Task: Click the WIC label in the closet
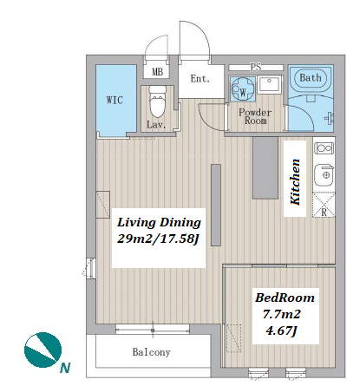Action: coord(115,100)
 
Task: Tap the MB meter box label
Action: coord(157,71)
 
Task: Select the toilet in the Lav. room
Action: coord(158,101)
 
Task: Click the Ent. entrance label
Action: coord(200,79)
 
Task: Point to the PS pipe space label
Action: coord(256,68)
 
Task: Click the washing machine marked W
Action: coord(242,88)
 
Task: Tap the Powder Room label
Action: coord(255,116)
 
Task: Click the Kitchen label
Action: coord(295,182)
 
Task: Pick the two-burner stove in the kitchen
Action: coord(324,148)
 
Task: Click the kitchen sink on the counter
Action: coord(324,175)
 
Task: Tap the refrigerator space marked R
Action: coord(324,206)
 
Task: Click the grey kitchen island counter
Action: coord(265,167)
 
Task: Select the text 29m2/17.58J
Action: coord(159,239)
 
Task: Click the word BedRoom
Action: coord(285,298)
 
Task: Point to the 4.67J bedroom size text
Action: coord(281,330)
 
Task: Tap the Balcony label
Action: coord(151,352)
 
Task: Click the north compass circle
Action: coord(43,350)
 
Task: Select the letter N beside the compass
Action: coord(65,368)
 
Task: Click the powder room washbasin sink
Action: coord(269,84)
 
